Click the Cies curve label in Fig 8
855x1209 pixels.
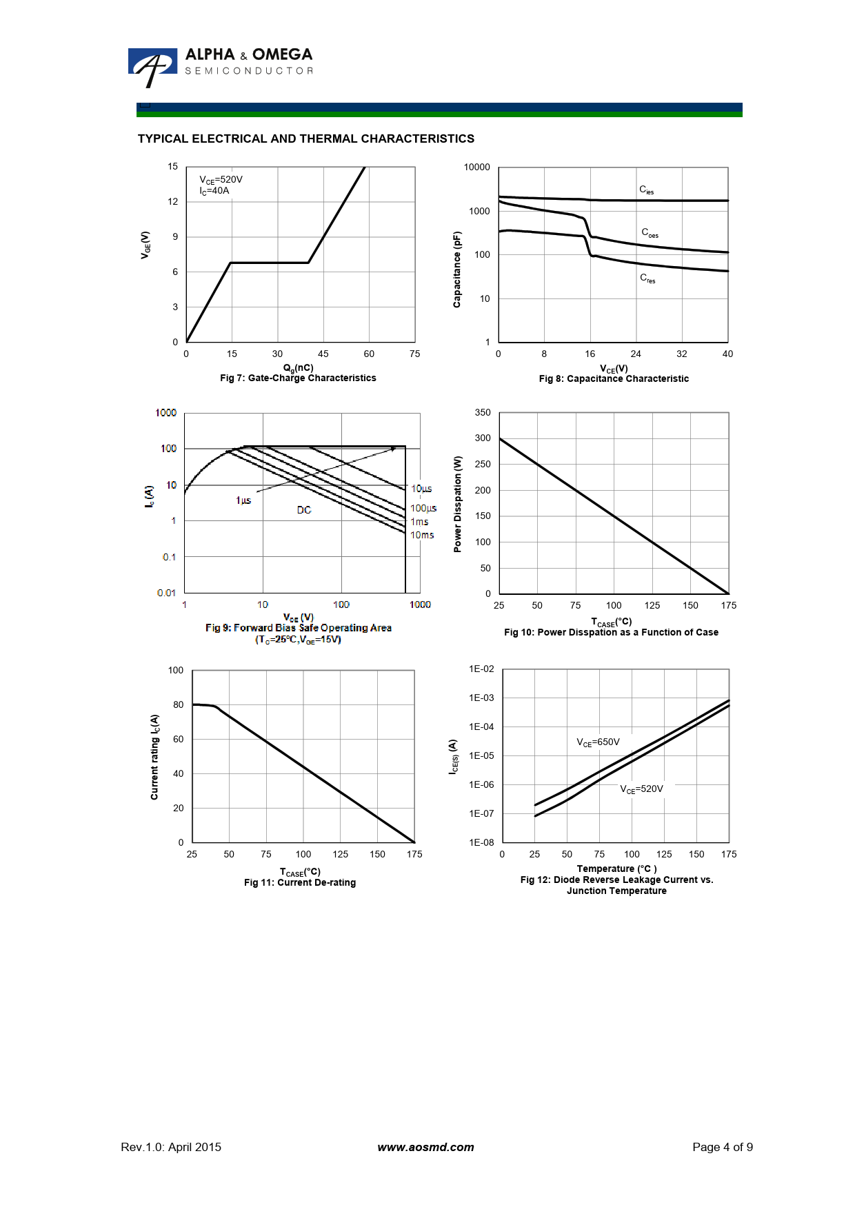coord(646,190)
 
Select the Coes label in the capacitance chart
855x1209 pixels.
coord(650,233)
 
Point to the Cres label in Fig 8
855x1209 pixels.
coord(647,278)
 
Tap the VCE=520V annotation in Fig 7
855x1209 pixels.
coord(221,180)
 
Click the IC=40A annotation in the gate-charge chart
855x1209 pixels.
coord(214,191)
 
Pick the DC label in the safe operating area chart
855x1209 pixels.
coord(304,510)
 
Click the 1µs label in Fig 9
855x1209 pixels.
coord(243,500)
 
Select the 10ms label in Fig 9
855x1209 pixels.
coord(422,535)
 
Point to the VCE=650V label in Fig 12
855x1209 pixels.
coord(598,742)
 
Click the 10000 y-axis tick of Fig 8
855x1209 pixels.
coord(476,167)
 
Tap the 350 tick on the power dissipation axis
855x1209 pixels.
coord(483,413)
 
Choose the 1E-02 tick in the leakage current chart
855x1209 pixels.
coord(481,669)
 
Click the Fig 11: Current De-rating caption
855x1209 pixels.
coord(300,883)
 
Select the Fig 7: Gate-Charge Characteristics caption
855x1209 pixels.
coord(298,378)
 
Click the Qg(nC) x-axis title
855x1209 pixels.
coord(299,368)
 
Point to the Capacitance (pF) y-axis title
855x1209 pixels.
coord(456,270)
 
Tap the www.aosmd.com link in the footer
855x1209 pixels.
coord(425,1147)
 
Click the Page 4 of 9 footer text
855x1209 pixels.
coord(723,1147)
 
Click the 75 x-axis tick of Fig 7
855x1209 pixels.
coord(414,354)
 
